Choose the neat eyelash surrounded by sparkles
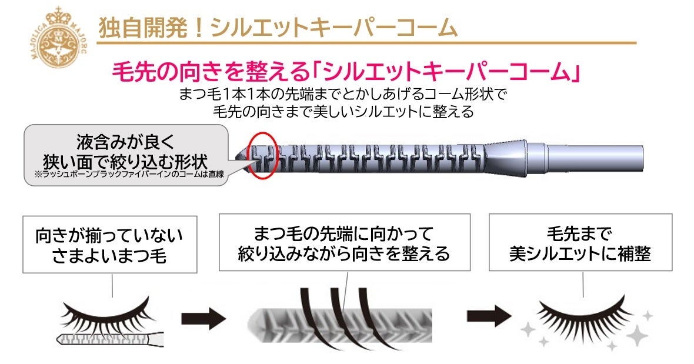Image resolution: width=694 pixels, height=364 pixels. coord(582,318)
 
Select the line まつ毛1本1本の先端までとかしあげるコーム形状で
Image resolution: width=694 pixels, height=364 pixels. coord(343,94)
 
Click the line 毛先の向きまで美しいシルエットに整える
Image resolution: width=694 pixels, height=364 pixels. coord(343,111)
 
